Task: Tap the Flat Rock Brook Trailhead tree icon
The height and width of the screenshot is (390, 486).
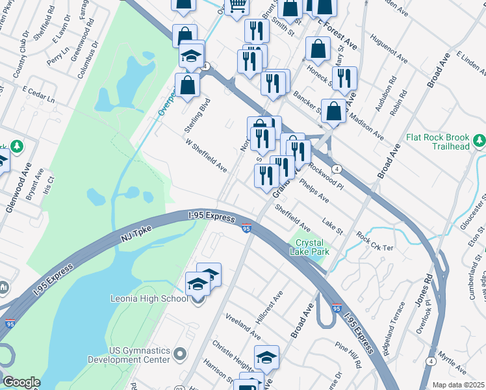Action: pos(480,140)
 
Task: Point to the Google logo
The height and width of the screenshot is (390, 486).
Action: pos(21,382)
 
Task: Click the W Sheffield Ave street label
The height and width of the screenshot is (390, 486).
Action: pos(206,155)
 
